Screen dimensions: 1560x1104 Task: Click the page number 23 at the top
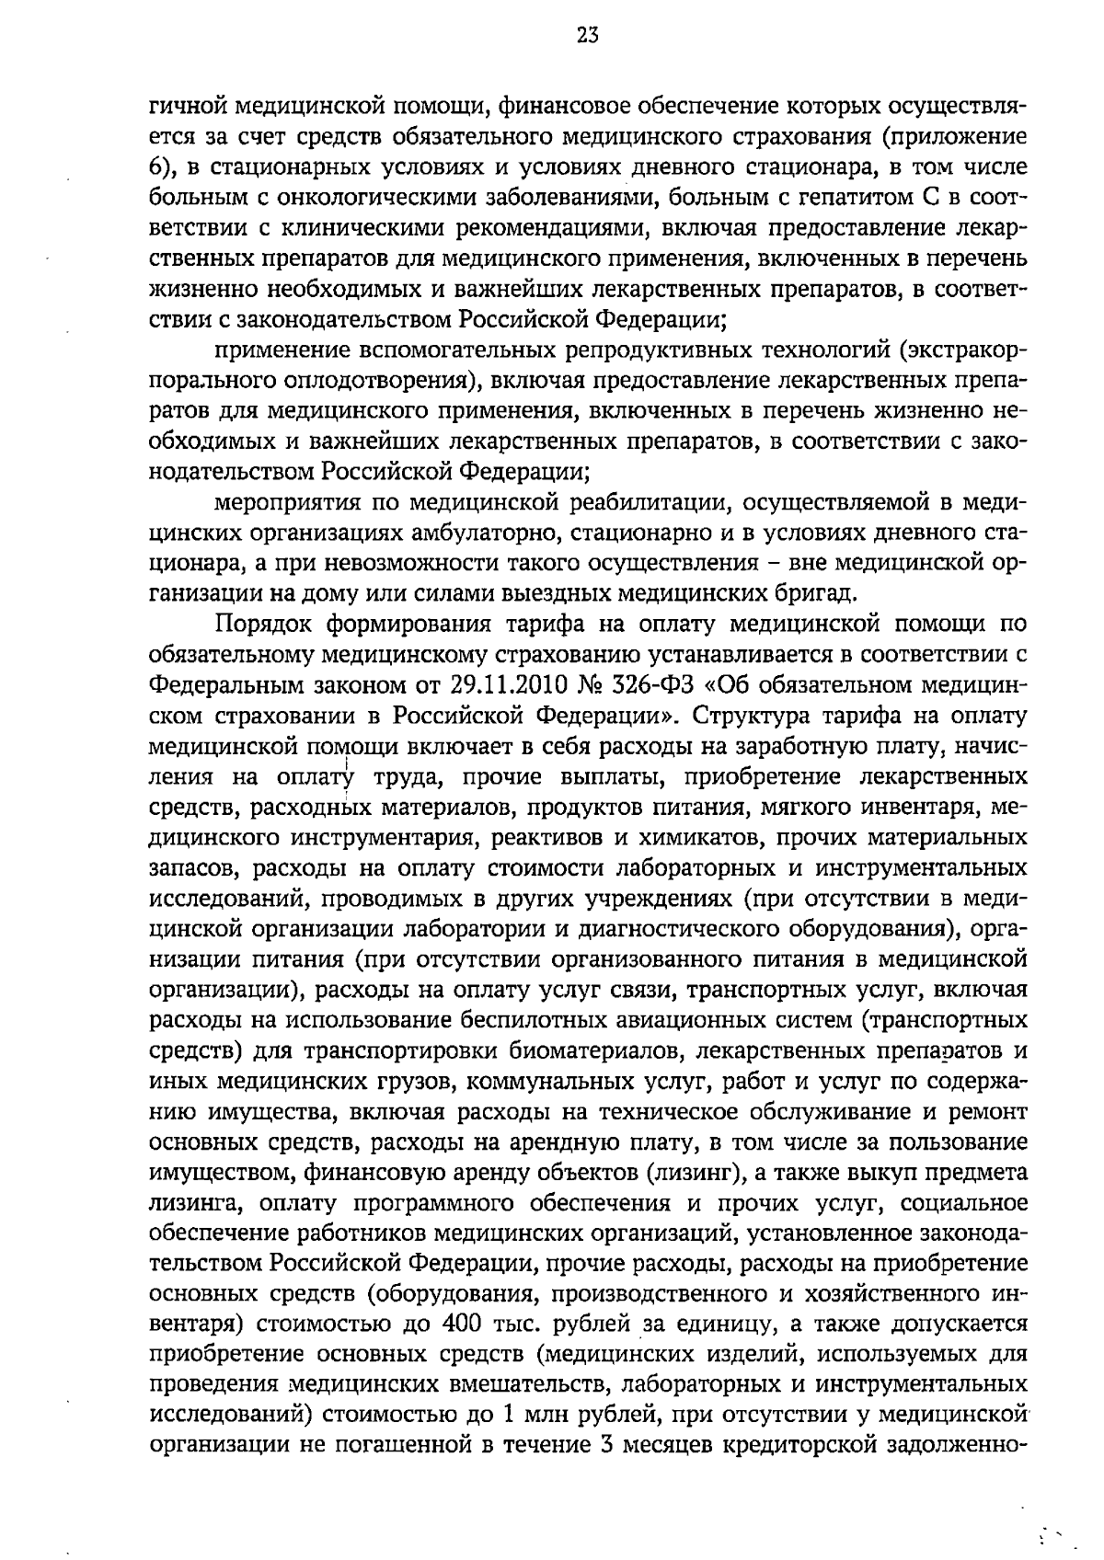click(x=588, y=36)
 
